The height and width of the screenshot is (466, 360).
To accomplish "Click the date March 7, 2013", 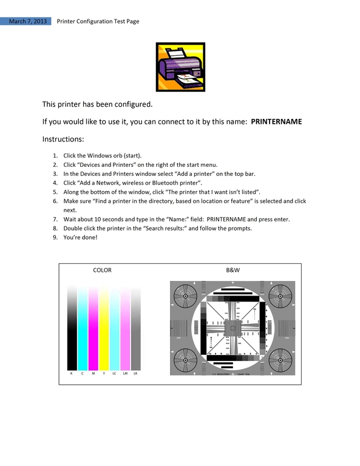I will pyautogui.click(x=28, y=21).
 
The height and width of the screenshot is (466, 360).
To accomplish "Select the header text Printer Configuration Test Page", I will pyautogui.click(x=98, y=21).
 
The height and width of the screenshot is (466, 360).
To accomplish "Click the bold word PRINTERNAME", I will pyautogui.click(x=276, y=121).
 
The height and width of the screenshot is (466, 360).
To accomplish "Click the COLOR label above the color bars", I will pyautogui.click(x=102, y=270).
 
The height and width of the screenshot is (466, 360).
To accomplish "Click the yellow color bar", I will pyautogui.click(x=104, y=328).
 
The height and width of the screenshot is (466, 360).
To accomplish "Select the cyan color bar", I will pyautogui.click(x=83, y=328).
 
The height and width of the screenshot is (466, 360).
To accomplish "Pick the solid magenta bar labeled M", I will pyautogui.click(x=93, y=328).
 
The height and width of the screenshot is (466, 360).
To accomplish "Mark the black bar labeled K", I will pyautogui.click(x=72, y=328).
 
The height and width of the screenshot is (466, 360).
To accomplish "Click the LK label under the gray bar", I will pyautogui.click(x=135, y=374).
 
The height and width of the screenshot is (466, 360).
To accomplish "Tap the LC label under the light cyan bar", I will pyautogui.click(x=114, y=374).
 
